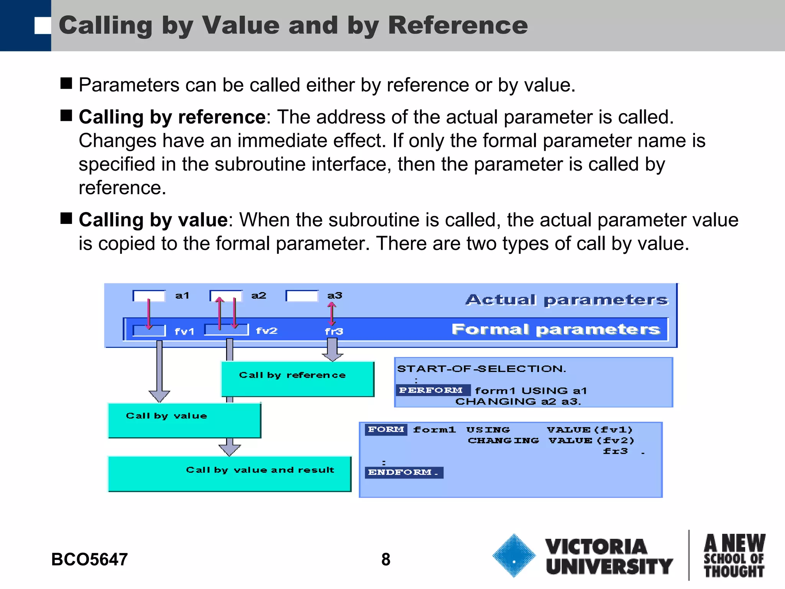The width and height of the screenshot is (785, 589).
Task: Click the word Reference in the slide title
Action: click(458, 25)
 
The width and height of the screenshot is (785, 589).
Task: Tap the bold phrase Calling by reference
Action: click(172, 117)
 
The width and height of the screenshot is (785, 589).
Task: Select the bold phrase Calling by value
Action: click(153, 220)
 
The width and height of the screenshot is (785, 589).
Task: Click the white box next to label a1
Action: click(149, 296)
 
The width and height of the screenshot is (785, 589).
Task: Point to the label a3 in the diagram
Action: click(335, 296)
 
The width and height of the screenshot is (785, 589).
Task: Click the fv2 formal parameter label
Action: click(266, 331)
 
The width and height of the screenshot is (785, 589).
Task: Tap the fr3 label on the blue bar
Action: click(334, 331)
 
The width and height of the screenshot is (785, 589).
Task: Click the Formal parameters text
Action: click(556, 329)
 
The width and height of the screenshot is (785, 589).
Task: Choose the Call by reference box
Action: click(297, 379)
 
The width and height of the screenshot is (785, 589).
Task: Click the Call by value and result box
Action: click(229, 474)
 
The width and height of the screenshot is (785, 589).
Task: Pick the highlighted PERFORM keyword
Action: click(431, 390)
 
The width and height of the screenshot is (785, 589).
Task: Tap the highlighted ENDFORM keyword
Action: click(403, 472)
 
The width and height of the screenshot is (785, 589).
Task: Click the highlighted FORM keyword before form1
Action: click(386, 429)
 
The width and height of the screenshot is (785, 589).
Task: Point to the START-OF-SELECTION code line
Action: click(481, 369)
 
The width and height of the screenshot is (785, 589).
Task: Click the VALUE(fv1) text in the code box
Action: click(590, 430)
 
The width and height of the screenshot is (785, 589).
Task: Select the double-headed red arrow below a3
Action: click(332, 314)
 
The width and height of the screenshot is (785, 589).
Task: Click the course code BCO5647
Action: click(89, 559)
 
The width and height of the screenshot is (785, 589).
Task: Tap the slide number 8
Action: click(386, 559)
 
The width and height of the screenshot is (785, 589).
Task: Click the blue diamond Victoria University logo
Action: click(514, 556)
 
